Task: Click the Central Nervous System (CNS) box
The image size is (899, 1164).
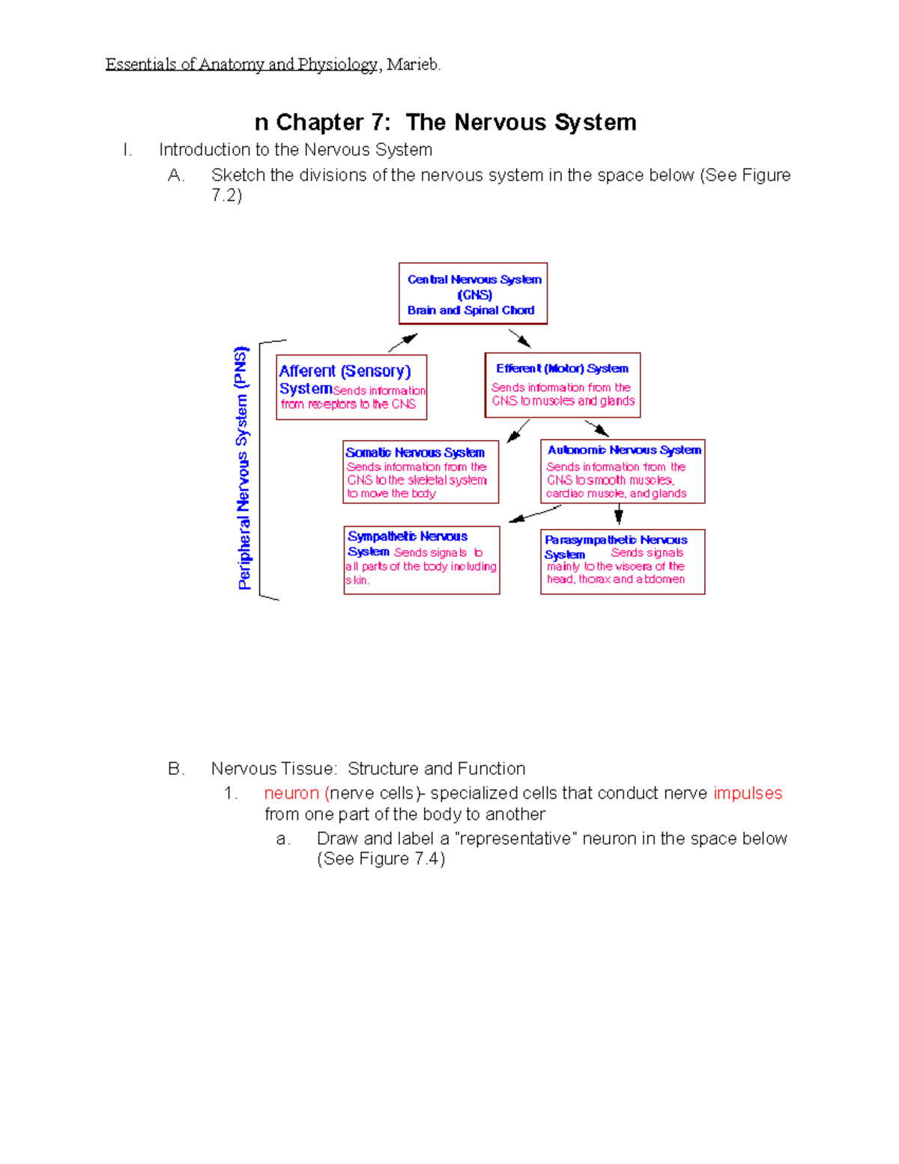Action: [473, 294]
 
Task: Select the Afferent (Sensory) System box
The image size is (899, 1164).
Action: [351, 387]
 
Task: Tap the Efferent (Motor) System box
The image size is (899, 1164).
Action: [563, 385]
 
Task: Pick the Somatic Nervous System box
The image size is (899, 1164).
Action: [420, 472]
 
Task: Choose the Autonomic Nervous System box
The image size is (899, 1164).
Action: [623, 471]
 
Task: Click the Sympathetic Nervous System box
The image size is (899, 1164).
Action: [422, 560]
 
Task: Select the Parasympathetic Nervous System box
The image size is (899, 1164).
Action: [623, 562]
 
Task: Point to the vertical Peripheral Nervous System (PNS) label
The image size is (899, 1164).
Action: [242, 468]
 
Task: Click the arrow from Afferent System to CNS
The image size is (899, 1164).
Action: [402, 343]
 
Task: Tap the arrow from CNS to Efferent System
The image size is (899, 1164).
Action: [519, 339]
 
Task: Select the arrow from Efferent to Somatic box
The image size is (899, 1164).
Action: [518, 431]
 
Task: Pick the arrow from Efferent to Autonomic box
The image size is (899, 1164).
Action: [597, 428]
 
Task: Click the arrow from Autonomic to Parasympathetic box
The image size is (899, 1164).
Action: [618, 514]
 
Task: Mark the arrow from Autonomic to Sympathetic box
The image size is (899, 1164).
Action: [535, 514]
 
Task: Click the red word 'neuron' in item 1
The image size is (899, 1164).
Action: [291, 793]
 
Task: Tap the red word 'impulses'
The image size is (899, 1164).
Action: [747, 793]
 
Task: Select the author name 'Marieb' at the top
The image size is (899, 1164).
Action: [413, 64]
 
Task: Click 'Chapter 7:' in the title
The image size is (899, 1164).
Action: [333, 122]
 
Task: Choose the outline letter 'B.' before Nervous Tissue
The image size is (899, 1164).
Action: [176, 769]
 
